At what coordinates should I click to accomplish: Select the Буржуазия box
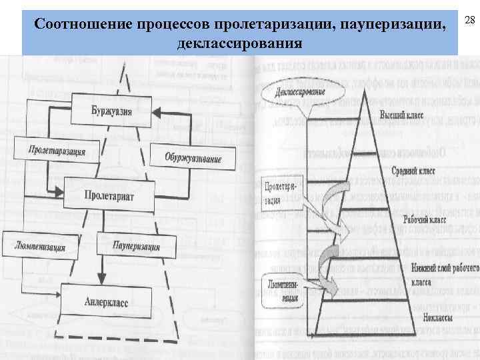111,111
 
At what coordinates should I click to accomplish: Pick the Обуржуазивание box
193,158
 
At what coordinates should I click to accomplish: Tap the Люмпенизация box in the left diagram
40,245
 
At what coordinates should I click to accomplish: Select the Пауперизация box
136,245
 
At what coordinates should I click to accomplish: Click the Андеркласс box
106,301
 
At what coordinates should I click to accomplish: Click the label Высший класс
402,115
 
